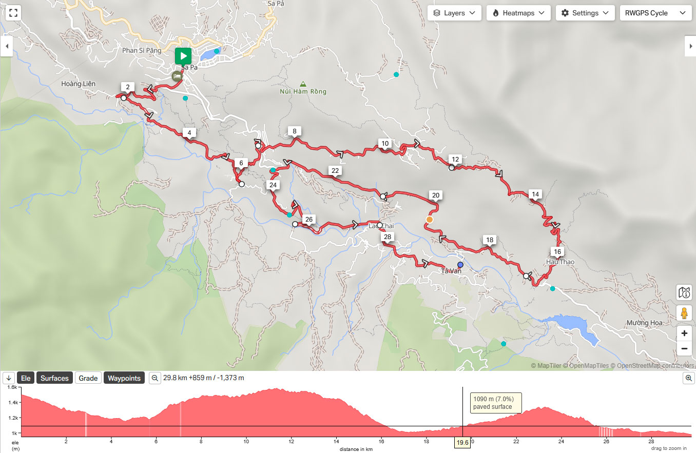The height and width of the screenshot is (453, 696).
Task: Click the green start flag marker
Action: pyautogui.click(x=183, y=55)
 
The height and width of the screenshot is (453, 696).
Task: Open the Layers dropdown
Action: pyautogui.click(x=454, y=13)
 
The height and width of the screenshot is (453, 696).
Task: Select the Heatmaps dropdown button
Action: pyautogui.click(x=518, y=13)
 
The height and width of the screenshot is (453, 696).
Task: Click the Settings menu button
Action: pyautogui.click(x=585, y=13)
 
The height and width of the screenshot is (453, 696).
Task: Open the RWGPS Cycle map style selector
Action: pyautogui.click(x=654, y=13)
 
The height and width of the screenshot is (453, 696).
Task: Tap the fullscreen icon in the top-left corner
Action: pyautogui.click(x=13, y=13)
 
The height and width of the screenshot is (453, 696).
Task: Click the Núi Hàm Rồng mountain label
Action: pyautogui.click(x=303, y=91)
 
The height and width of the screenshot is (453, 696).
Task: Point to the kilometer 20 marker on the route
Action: pyautogui.click(x=436, y=195)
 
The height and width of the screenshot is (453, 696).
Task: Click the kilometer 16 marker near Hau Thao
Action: pyautogui.click(x=557, y=251)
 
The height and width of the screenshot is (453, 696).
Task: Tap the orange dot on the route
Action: pyautogui.click(x=429, y=220)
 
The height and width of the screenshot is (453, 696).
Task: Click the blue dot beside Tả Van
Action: pyautogui.click(x=460, y=265)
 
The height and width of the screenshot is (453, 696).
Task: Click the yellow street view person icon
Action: pyautogui.click(x=684, y=313)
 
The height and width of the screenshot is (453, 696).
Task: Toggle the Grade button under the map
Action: pyautogui.click(x=88, y=378)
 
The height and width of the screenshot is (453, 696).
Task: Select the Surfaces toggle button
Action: pyautogui.click(x=54, y=378)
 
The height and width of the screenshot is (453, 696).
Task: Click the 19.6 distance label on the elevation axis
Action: pyautogui.click(x=462, y=442)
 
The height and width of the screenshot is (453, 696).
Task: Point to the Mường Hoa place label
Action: pyautogui.click(x=644, y=323)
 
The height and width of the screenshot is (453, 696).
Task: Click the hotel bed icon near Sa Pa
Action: pyautogui.click(x=177, y=76)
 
